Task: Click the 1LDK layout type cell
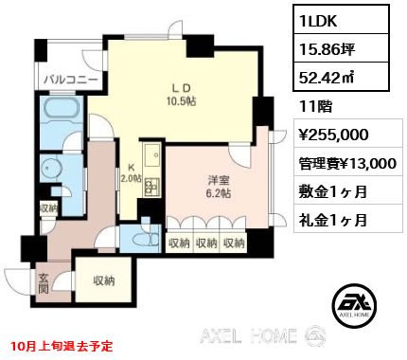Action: (x=341, y=20)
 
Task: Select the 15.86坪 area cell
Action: (x=341, y=48)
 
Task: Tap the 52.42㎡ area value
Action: (x=341, y=77)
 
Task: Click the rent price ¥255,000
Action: (x=348, y=134)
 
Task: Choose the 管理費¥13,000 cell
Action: (x=348, y=162)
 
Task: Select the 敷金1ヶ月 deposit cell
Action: (x=348, y=190)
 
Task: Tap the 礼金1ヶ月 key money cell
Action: (x=348, y=219)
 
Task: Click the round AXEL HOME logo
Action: (x=355, y=305)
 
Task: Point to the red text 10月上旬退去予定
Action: (x=62, y=346)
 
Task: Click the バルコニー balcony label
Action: (x=71, y=80)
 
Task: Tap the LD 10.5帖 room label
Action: (x=181, y=96)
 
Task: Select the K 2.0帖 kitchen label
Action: (x=131, y=172)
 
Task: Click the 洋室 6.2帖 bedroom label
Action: (x=219, y=187)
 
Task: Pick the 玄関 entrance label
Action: (x=44, y=283)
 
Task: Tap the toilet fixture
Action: (x=147, y=240)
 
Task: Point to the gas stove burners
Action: (x=152, y=187)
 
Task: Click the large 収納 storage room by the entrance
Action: (x=103, y=280)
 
